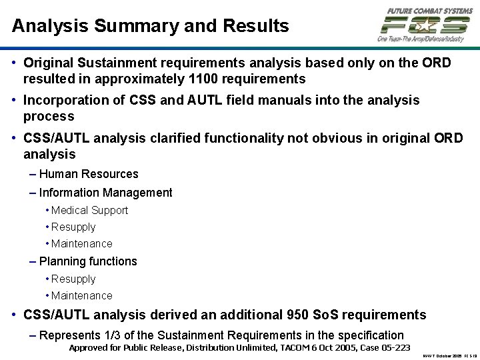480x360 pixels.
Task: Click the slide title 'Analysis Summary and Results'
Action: point(150,26)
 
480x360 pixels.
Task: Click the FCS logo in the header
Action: point(424,26)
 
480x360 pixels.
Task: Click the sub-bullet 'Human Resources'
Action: point(89,174)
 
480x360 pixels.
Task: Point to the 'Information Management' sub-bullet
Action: point(105,193)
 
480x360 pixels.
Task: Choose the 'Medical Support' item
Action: point(89,210)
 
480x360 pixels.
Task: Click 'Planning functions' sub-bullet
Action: point(88,261)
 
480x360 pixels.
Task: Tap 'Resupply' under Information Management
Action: point(73,227)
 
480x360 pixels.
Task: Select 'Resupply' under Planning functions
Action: point(73,279)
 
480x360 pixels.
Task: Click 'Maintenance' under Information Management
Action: point(81,244)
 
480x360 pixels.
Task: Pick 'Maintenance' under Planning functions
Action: point(81,295)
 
